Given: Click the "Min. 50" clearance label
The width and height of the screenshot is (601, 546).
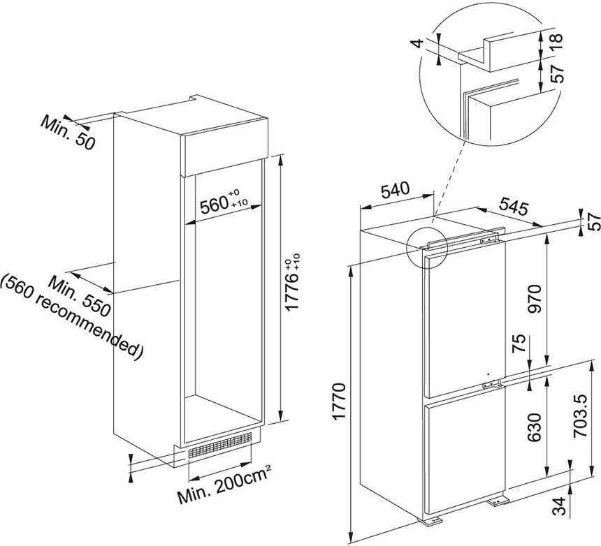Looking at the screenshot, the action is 68,133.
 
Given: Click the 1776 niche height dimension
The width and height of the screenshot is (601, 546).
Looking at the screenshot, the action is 293,281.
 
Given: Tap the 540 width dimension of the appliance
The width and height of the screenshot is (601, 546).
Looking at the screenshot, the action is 395,190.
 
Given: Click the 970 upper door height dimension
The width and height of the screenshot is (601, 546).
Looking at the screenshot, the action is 535,299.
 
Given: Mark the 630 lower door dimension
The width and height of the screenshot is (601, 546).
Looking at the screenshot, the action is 535,427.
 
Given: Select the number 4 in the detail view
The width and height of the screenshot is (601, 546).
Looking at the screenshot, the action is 419,43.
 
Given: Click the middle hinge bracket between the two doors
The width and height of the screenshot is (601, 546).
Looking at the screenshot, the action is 492,383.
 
